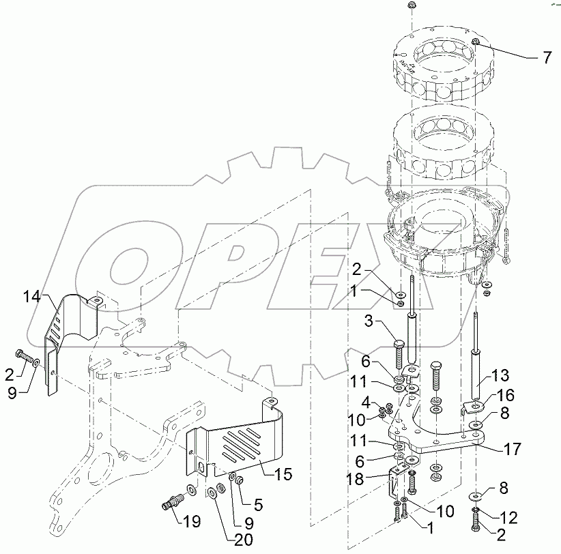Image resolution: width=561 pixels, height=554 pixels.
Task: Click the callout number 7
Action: click(546, 58)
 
